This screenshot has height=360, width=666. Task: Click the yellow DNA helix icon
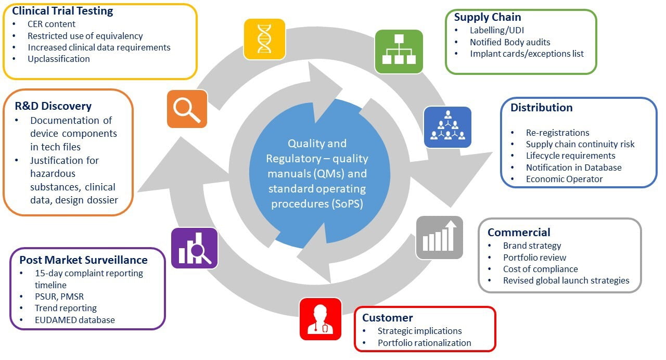[x=265, y=39]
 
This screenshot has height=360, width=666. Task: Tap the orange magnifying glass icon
[x=187, y=109]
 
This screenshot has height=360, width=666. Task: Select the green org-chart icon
[x=399, y=52]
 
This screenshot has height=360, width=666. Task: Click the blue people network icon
[x=447, y=127]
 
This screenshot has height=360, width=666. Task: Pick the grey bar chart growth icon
[x=439, y=237]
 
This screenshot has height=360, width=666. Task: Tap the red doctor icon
[x=321, y=319]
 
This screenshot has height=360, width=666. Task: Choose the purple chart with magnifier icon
[x=194, y=248]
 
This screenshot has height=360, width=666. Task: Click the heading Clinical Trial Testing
[x=62, y=11]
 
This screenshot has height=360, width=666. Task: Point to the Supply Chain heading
[x=488, y=17]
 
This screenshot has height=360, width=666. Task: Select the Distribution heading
[x=541, y=108]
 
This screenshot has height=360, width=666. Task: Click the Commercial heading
[x=519, y=233]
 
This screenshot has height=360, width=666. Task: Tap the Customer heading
[x=387, y=318]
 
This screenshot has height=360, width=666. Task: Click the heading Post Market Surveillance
[x=83, y=260]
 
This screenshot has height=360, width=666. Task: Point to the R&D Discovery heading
[x=54, y=106]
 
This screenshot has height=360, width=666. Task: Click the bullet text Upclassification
[x=59, y=59]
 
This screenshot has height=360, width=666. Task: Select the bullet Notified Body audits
[x=510, y=42]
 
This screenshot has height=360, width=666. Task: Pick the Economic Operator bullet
[x=557, y=179]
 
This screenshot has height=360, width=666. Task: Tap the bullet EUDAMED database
[x=75, y=320]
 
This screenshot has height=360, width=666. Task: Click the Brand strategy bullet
[x=532, y=246]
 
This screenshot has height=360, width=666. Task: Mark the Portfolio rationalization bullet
[x=424, y=343]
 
